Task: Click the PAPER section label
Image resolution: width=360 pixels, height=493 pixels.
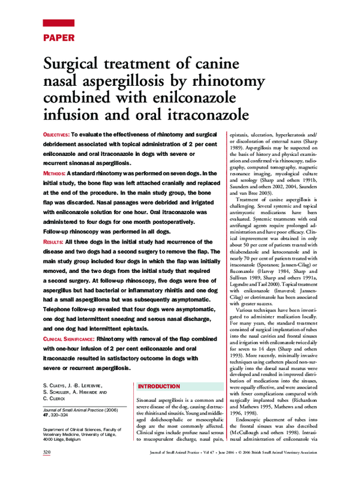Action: [x=59, y=38]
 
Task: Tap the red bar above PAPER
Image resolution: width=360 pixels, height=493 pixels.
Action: [x=59, y=23]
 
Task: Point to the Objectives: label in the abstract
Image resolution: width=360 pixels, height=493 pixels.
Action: [x=56, y=136]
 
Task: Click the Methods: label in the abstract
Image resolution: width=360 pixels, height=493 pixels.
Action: [x=54, y=173]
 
